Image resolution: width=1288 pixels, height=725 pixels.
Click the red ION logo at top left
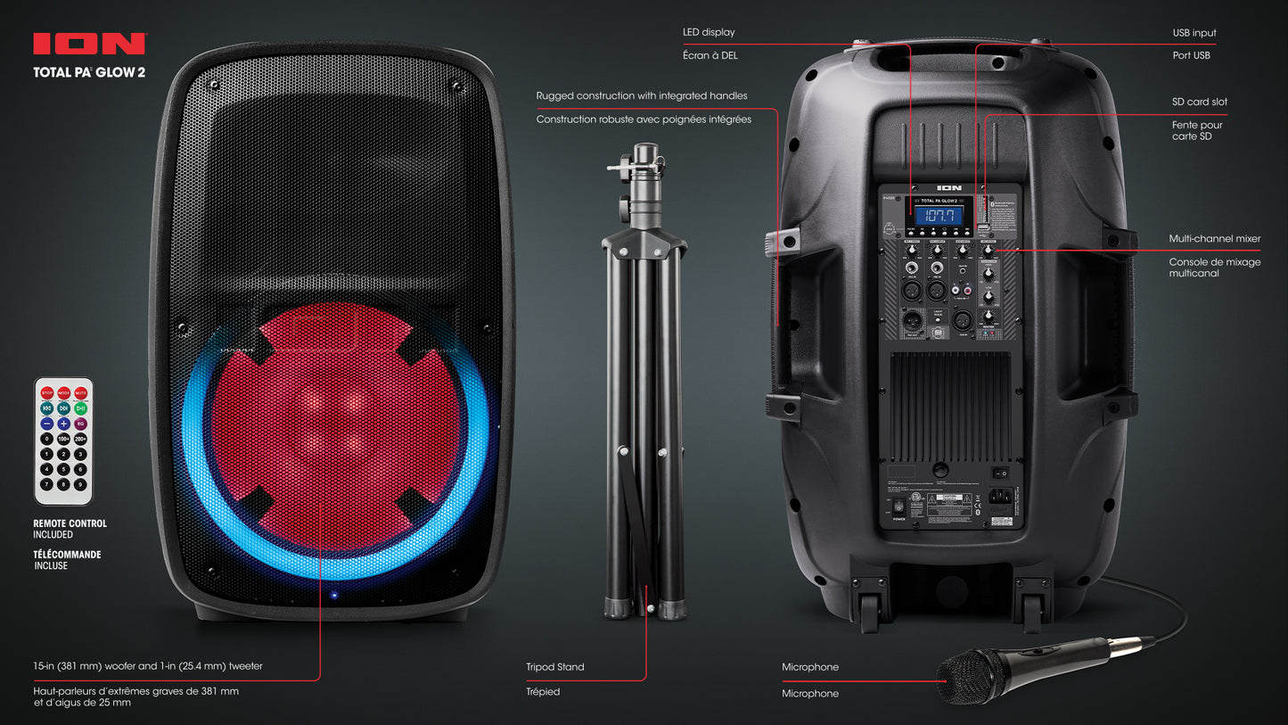[89, 44]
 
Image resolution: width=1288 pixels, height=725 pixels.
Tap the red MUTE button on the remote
[81, 393]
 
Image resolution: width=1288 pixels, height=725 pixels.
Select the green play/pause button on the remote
[81, 408]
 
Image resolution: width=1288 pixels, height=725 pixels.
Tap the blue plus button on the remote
[64, 424]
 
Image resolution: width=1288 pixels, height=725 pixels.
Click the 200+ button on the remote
[80, 439]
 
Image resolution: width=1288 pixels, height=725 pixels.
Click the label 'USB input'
[1194, 33]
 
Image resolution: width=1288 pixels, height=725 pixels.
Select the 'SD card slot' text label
[1199, 102]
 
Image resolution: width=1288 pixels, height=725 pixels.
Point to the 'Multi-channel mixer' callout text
[1214, 239]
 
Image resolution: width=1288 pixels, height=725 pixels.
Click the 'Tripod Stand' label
[554, 667]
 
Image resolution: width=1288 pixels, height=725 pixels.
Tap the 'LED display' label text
[709, 32]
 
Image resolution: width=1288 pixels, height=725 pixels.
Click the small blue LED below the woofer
[333, 595]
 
